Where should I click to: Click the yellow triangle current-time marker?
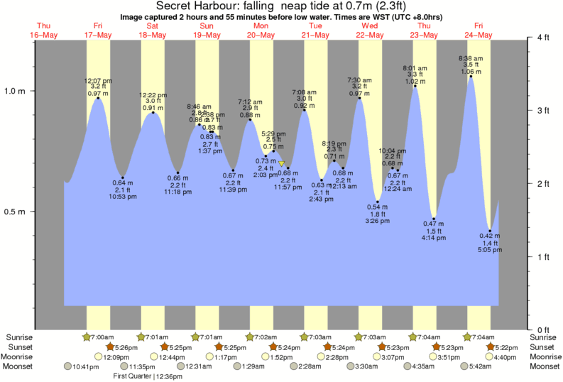(281, 164)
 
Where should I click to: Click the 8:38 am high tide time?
(470, 58)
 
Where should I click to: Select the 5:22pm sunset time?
(505, 346)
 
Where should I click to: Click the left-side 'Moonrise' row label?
(22, 356)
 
